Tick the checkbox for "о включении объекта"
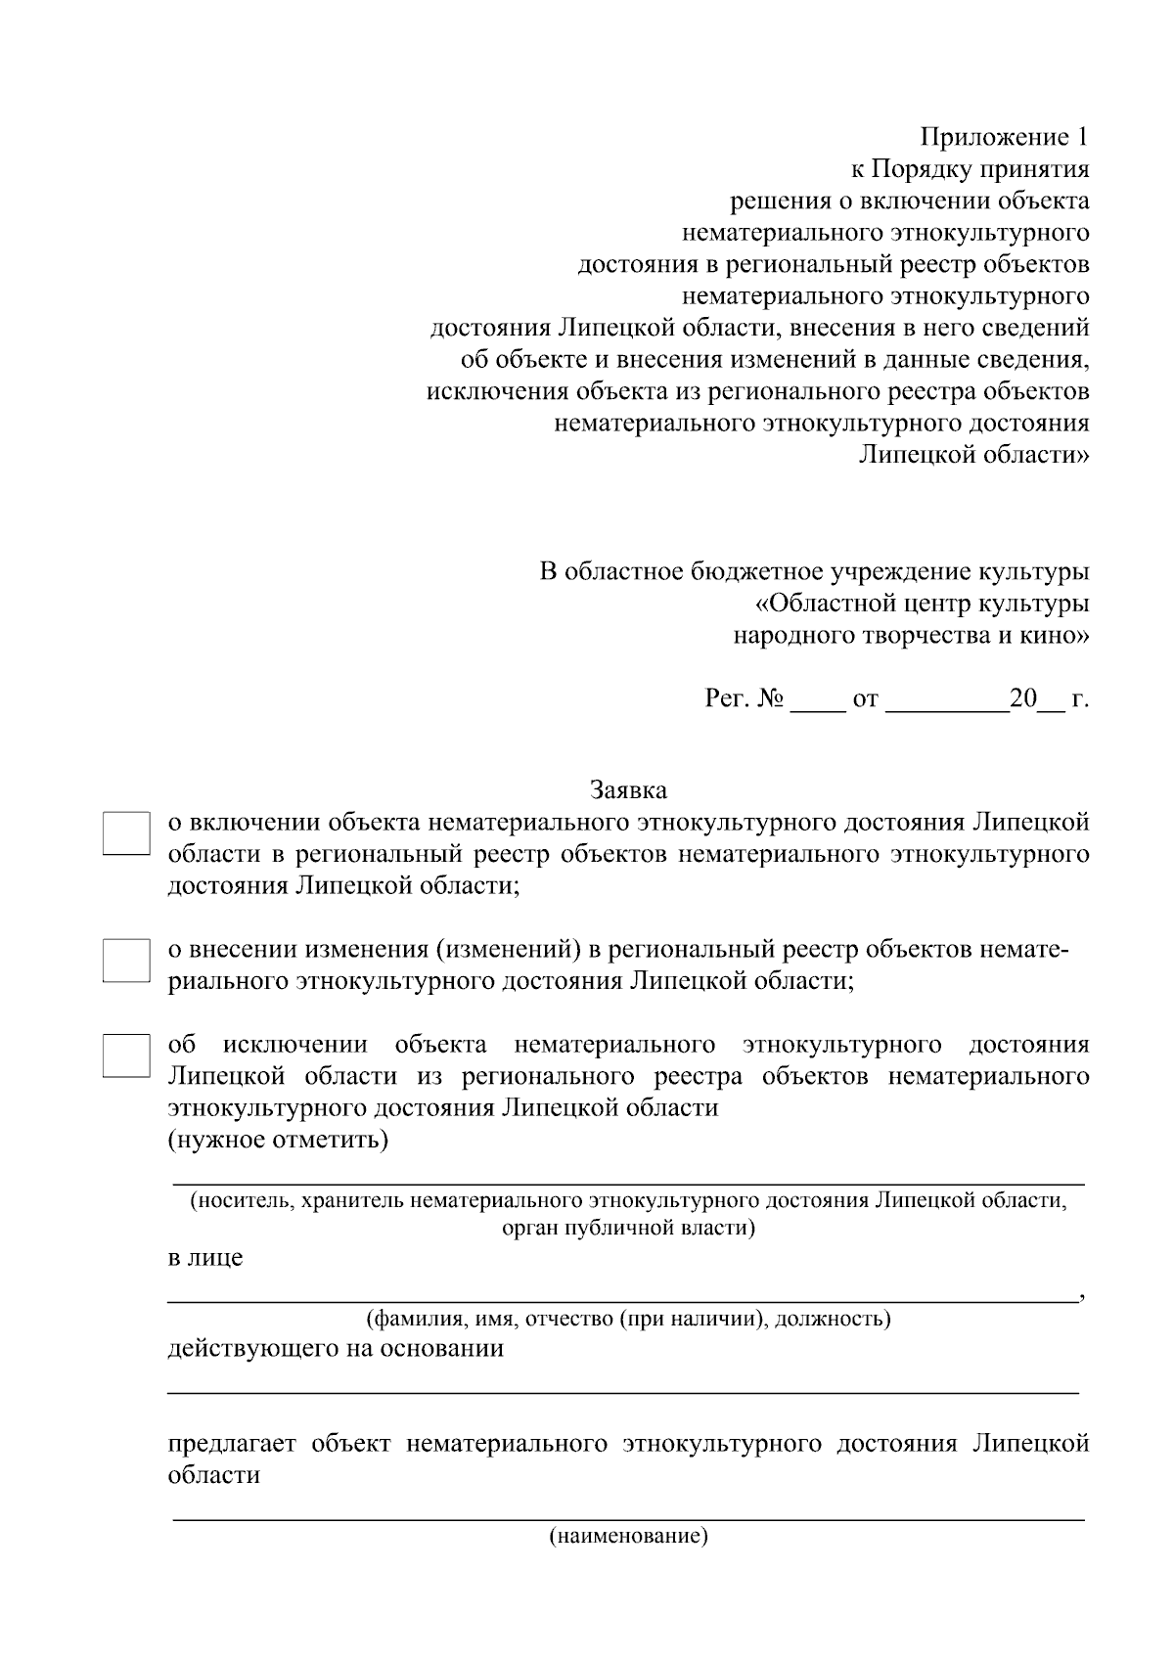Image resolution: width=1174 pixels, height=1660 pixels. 125,833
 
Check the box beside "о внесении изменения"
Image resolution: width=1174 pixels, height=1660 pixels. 125,960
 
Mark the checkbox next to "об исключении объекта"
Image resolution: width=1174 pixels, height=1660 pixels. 125,1054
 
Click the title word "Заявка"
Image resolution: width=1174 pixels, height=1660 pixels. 627,789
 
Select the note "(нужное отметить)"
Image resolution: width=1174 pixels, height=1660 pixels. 278,1141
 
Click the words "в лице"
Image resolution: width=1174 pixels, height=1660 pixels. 205,1258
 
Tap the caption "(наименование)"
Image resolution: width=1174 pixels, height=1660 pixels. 627,1536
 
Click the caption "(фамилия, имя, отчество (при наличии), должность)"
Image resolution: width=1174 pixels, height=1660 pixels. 627,1319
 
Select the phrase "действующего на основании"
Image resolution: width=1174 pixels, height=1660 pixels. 336,1349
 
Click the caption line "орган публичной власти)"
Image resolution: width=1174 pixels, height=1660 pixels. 627,1228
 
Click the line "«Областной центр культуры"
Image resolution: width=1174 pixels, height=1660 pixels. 923,605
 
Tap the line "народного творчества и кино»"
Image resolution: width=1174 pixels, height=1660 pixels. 911,637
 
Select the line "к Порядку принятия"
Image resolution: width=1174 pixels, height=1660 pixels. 969,170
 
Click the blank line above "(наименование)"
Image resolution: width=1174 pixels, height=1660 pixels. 627,1516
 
